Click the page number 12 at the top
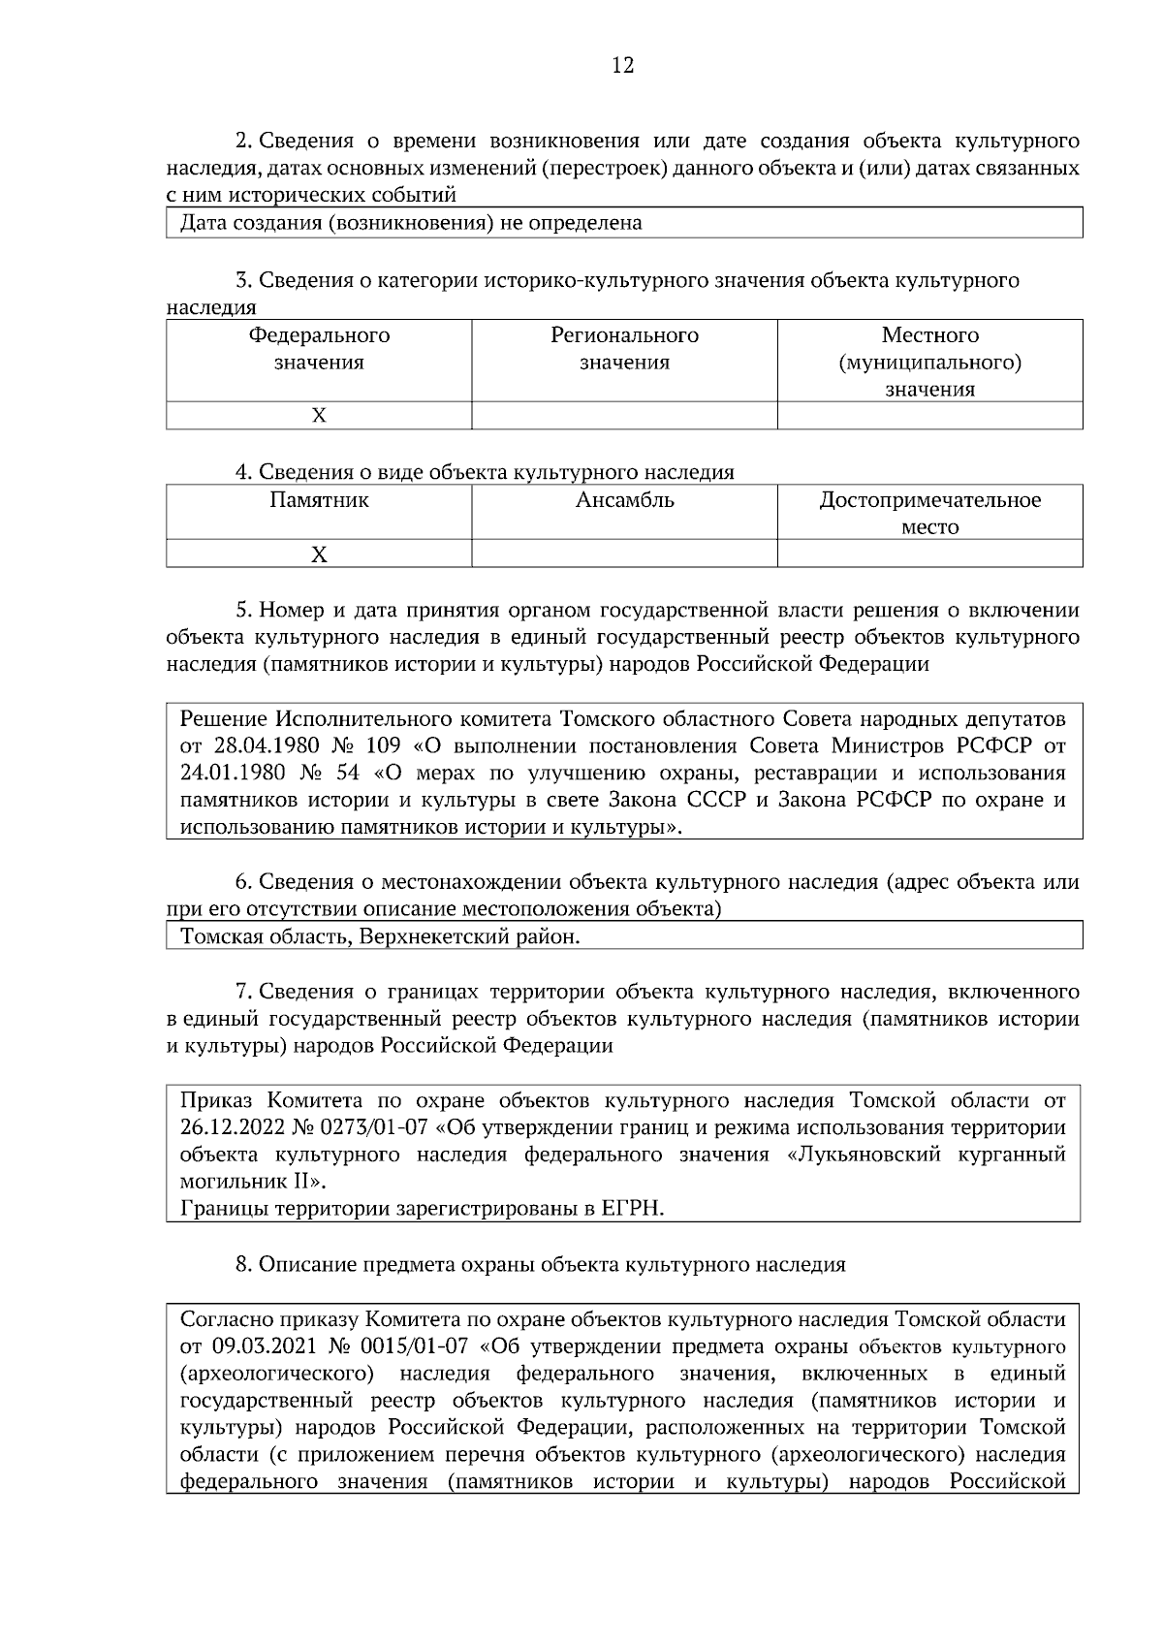click(x=623, y=66)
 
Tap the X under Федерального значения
click(x=319, y=416)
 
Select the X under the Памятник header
click(x=319, y=554)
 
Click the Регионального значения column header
click(x=624, y=349)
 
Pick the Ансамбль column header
click(x=624, y=501)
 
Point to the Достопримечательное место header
click(x=929, y=514)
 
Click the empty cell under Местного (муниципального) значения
click(x=929, y=416)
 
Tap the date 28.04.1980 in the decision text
click(x=262, y=746)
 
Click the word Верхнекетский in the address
click(x=425, y=937)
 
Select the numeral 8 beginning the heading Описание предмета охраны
click(x=242, y=1265)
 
